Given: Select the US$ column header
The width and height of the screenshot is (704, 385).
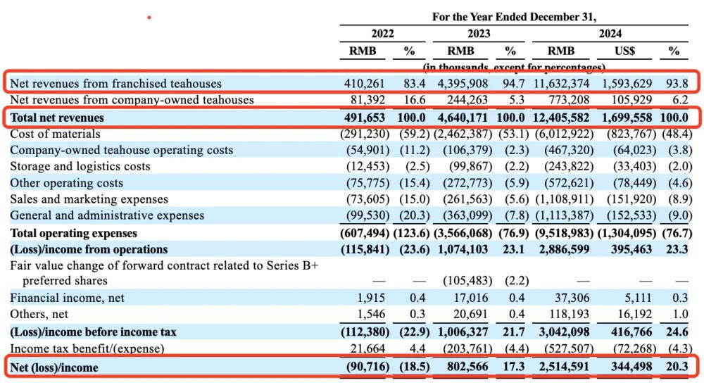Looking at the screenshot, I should (624, 51).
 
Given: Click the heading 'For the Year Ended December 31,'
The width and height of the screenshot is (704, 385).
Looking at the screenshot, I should (513, 17).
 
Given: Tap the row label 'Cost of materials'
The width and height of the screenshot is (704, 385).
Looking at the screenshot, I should (56, 134).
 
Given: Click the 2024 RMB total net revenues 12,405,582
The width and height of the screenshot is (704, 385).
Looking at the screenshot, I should (562, 118).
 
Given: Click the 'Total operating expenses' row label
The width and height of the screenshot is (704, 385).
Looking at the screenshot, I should (74, 233).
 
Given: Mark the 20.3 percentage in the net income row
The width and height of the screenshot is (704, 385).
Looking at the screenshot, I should (674, 367).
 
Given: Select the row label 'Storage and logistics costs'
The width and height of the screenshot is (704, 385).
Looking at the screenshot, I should (80, 167).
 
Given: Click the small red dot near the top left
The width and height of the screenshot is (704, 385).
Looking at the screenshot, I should (149, 17).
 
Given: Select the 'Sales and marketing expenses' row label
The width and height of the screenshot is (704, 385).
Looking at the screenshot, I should (89, 199).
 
